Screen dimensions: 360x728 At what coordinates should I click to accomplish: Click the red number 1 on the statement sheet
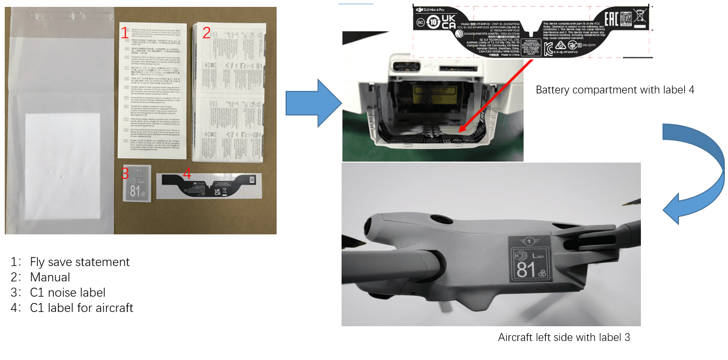pos(125,33)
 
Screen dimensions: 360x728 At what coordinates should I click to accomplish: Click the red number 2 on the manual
pos(206,33)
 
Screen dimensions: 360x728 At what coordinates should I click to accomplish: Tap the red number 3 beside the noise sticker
pos(125,173)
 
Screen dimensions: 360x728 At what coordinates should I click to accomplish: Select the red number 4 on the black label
pos(187,173)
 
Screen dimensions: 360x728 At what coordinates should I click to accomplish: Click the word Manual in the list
pos(50,277)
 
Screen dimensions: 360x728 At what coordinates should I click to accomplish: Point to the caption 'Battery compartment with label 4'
pos(614,90)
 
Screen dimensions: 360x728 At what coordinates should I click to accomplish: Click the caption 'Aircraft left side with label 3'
pos(564,337)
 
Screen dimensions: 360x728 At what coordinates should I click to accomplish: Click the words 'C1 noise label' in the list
pos(68,292)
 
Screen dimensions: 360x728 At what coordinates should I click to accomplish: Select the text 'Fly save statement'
pos(80,262)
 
